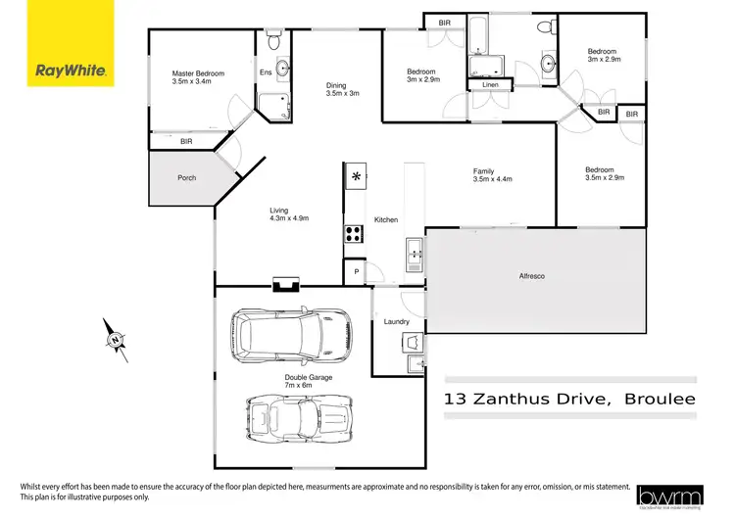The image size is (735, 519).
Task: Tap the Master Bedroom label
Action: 198,78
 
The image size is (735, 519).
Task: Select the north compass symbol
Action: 117,340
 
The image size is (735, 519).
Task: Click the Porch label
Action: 186,178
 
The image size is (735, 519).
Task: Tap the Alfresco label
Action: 531,276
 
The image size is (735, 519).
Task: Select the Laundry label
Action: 396,321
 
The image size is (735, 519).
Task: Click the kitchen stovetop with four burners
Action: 353,234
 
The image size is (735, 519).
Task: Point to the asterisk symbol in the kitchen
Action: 356,177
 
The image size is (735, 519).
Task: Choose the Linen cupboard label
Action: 490,86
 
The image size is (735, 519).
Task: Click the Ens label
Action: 265,71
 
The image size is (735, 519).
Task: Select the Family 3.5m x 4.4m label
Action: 493,175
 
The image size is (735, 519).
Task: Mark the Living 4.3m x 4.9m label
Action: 289,214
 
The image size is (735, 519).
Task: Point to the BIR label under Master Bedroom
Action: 186,142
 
